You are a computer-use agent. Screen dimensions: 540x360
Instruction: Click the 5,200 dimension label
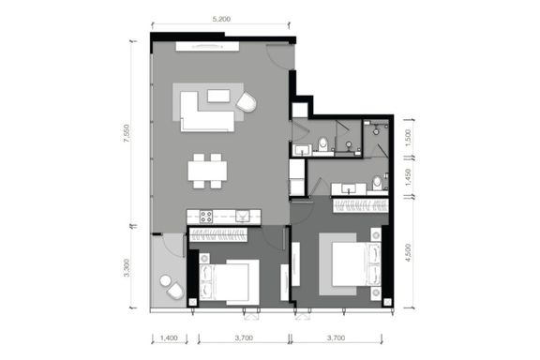click(221, 20)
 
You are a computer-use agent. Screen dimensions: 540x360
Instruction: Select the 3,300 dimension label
click(127, 268)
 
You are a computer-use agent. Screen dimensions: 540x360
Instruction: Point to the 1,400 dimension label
click(169, 337)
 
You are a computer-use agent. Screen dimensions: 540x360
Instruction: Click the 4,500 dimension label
click(408, 252)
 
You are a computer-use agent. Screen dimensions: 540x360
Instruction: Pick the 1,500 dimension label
click(408, 138)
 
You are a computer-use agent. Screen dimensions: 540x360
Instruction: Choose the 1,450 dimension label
click(408, 177)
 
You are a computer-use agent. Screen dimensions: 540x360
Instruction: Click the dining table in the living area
click(207, 171)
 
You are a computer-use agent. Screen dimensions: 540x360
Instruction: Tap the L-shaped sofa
click(206, 112)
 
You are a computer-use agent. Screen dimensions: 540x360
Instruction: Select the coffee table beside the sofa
click(218, 96)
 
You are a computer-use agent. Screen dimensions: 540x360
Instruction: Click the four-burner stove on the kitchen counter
click(206, 217)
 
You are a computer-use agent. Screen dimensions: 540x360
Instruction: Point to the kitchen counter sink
click(242, 217)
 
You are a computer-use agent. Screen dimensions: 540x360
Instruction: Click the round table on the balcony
click(165, 280)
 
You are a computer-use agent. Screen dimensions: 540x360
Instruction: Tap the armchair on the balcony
click(175, 292)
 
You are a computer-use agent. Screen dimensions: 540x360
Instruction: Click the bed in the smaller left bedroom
click(229, 282)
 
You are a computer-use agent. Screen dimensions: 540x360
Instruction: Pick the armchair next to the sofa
click(247, 101)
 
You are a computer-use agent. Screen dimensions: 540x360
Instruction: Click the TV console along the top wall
click(207, 47)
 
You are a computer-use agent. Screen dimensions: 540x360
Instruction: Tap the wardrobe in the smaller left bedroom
click(218, 234)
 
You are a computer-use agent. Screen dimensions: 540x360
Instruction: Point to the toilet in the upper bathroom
click(323, 144)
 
